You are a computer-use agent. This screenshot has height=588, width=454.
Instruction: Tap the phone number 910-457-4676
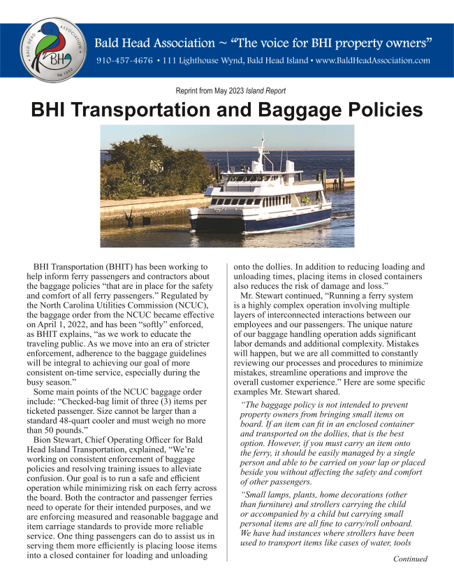[124, 61]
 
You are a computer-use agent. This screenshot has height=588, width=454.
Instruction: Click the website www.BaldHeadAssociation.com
[372, 61]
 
